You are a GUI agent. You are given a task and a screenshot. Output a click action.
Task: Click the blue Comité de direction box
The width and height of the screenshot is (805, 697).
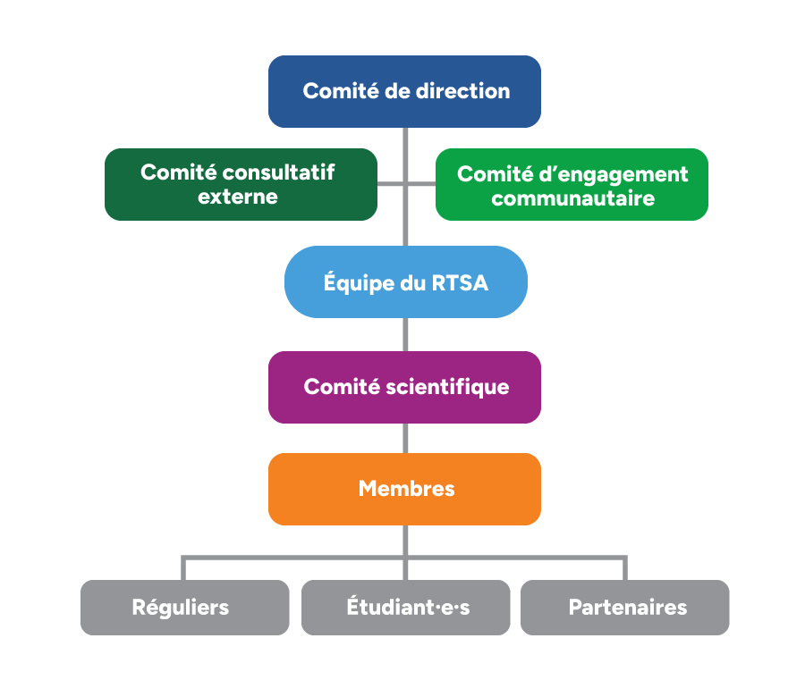404,91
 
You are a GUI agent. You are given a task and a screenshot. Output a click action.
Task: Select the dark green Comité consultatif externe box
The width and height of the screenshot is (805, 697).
241,185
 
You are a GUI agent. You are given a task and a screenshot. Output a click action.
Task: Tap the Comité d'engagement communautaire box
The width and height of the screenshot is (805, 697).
572,185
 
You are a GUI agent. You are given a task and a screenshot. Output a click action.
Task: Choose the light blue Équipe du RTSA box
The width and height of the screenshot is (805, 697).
405,281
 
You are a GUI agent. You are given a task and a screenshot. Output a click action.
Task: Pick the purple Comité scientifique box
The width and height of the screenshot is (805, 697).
404,387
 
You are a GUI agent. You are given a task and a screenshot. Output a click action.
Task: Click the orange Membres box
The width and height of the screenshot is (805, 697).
404,489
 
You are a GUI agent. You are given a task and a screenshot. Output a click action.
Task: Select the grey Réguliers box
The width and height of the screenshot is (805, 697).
185,608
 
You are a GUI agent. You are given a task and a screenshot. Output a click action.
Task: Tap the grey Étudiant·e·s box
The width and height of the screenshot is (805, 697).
405,608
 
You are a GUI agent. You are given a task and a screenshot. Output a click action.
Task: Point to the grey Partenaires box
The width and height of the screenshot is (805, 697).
625,608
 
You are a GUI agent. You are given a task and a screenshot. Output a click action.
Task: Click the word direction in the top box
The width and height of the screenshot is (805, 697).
462,91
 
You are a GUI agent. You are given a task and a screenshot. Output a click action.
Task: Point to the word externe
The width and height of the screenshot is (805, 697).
238,197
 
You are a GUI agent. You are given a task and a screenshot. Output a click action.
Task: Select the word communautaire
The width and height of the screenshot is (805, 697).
573,198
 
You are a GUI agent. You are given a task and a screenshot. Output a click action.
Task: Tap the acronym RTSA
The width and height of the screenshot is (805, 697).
460,283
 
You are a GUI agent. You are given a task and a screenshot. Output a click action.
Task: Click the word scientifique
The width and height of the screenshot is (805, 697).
447,387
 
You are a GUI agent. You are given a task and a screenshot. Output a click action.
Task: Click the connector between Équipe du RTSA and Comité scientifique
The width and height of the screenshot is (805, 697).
405,334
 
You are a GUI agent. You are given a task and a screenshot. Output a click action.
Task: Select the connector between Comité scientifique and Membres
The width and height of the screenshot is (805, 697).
405,439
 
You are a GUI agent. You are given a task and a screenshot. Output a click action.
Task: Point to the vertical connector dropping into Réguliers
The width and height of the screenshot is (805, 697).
183,567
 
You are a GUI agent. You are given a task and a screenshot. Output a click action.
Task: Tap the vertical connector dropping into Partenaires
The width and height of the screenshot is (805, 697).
625,567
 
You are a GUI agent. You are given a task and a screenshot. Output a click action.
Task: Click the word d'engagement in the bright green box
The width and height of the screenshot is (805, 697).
613,175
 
